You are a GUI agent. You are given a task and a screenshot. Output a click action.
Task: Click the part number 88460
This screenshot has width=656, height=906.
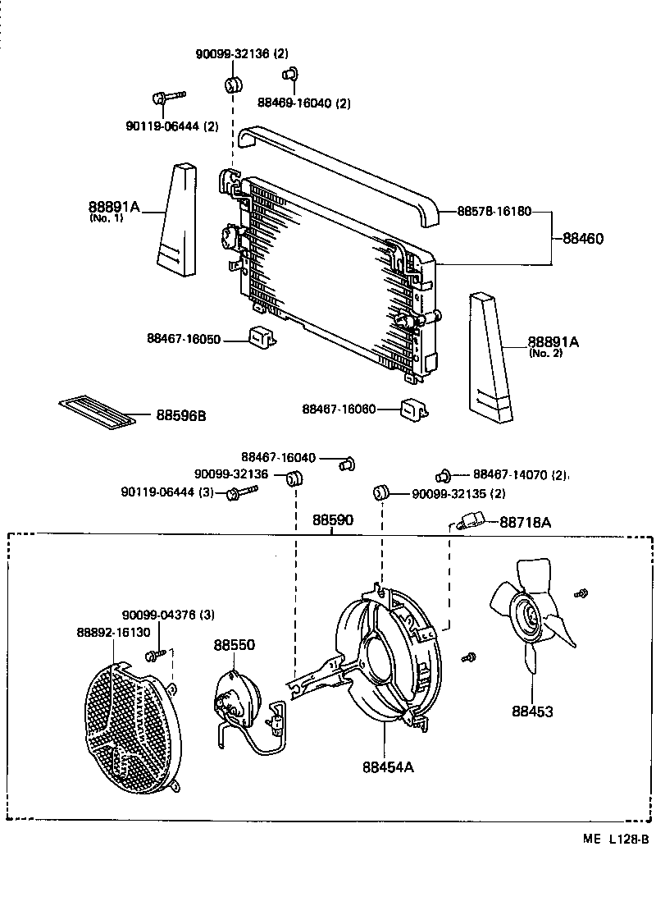point(583,240)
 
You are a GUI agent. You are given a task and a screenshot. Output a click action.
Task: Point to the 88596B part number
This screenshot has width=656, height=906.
point(180,416)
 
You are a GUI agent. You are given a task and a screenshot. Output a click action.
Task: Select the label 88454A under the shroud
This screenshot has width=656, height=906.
point(388,767)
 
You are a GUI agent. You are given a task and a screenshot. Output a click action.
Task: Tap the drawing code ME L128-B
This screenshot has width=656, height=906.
point(616,839)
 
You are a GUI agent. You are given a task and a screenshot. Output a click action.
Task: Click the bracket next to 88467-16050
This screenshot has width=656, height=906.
point(261,336)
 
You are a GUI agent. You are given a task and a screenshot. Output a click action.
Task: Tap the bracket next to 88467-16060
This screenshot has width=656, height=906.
point(412,408)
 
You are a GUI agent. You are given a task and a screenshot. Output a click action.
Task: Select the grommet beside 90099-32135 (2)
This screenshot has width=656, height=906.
point(380,492)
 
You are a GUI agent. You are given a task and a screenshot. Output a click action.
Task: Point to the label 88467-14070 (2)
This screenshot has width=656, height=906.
point(520,474)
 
